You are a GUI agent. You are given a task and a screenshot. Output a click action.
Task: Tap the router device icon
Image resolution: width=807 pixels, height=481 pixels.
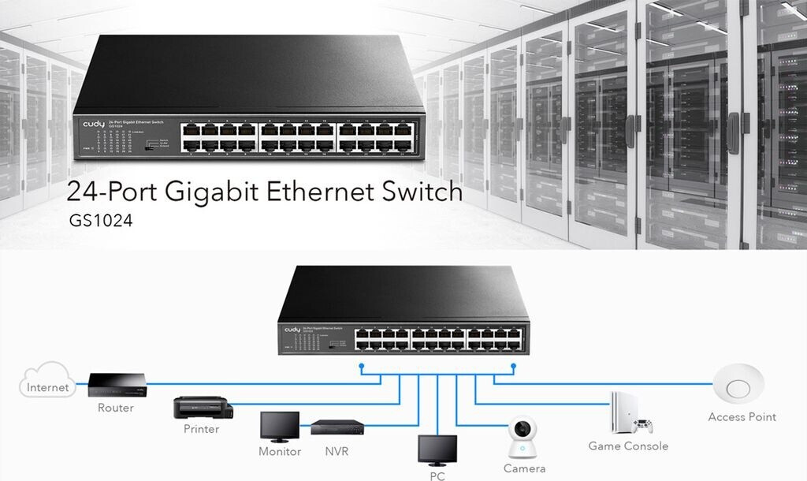coord(116,384)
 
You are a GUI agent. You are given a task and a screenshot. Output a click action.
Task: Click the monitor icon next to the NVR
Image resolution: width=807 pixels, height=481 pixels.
coord(280,427)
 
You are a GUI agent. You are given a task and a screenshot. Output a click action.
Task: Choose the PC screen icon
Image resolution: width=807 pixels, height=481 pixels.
coord(437,450)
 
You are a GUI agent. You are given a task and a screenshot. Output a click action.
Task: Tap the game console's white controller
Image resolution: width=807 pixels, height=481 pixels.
coord(643,427)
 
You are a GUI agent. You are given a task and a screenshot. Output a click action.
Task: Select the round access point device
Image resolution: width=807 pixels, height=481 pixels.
coord(738,387)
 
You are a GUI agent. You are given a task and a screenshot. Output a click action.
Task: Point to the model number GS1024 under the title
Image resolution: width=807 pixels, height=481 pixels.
coord(101,222)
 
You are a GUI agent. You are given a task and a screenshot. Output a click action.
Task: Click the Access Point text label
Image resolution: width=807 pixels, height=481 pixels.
coord(742,417)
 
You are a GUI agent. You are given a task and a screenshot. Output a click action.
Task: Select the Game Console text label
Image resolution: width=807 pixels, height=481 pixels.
coord(628,446)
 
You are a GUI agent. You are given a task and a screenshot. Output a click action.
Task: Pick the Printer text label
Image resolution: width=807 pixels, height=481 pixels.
coord(201,430)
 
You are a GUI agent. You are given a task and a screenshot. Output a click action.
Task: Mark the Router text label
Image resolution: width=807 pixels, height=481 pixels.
coord(116,408)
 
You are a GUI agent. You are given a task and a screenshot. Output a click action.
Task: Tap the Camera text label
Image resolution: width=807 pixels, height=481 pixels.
coord(524,469)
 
